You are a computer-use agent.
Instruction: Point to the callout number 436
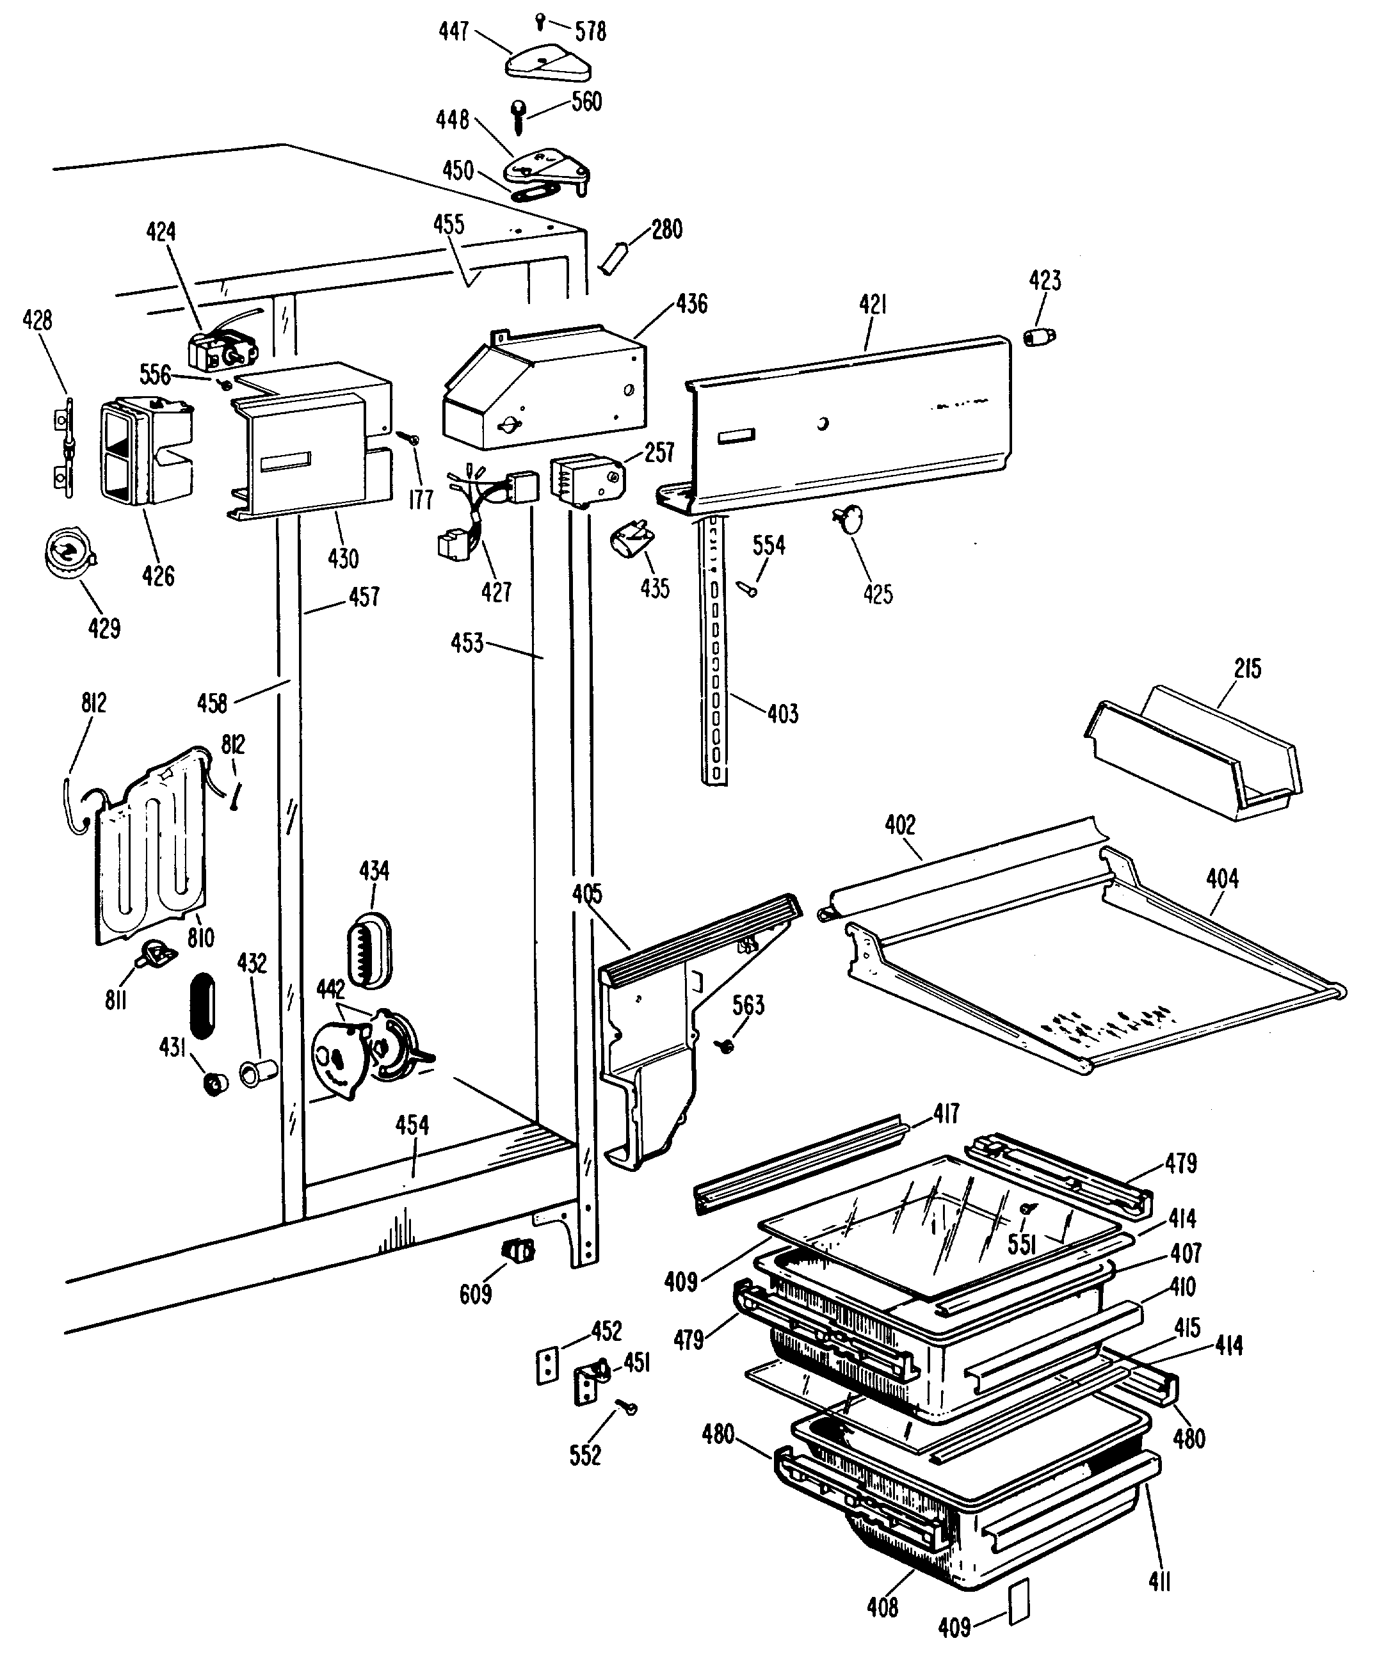pos(691,304)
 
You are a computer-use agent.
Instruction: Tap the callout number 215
pos(1248,668)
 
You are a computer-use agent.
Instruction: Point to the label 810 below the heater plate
pos(201,938)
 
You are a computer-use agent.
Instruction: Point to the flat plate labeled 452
pos(544,1366)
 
